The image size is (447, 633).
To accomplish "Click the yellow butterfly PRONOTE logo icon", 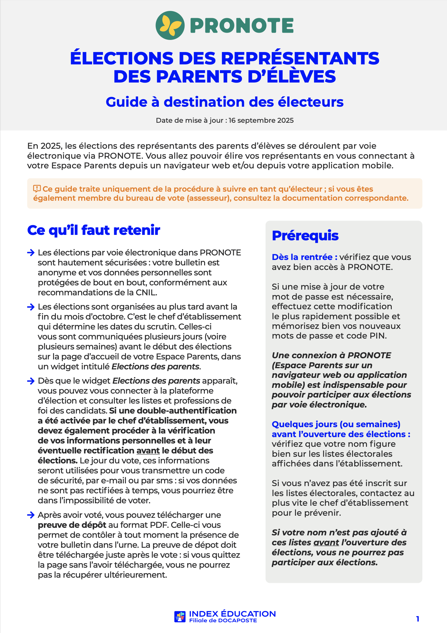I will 170,25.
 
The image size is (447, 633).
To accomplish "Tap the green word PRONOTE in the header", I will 242,25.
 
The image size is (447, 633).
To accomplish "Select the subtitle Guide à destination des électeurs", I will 224,102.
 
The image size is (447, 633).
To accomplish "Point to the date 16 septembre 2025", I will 261,120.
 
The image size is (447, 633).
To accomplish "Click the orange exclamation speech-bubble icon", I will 37,189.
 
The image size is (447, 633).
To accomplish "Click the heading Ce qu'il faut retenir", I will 94,230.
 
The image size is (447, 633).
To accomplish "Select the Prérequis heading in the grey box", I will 305,236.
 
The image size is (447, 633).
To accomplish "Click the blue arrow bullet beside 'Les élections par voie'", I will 31,253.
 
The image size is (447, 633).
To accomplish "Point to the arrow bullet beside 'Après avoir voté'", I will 31,515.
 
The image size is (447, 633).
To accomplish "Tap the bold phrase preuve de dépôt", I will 72,525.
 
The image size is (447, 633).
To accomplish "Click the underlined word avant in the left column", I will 148,451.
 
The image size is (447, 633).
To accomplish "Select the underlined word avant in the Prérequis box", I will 326,543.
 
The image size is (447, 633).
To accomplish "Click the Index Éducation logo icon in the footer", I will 180,617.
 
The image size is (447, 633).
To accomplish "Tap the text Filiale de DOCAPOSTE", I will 223,621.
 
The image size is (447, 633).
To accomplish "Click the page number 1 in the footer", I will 418,619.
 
